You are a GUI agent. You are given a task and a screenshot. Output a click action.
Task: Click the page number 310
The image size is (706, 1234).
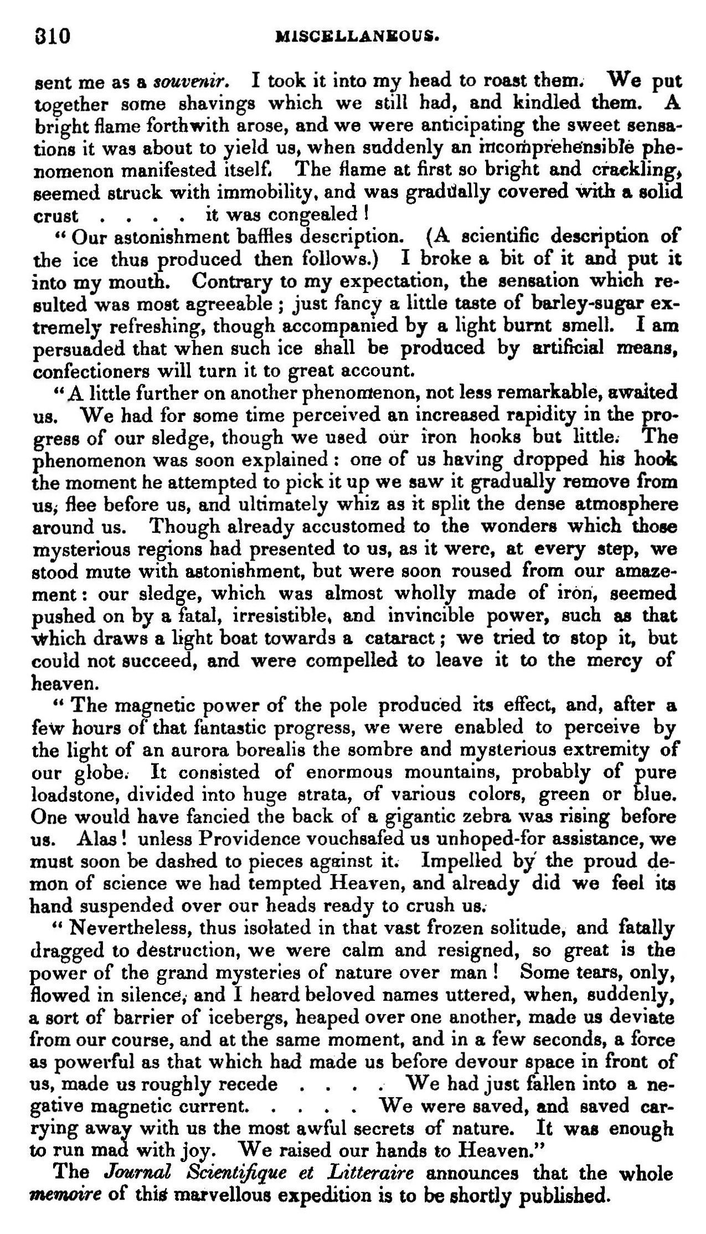click(x=51, y=37)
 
